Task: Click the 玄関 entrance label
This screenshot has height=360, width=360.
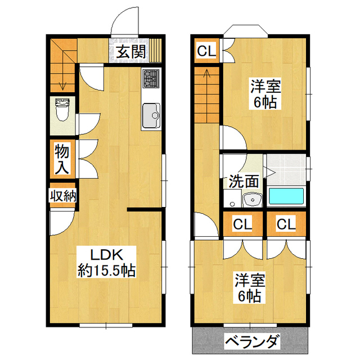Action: [x=131, y=52]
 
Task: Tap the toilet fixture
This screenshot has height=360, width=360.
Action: [x=62, y=110]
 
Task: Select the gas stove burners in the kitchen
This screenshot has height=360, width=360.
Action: [x=151, y=78]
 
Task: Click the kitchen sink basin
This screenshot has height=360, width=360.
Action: [x=151, y=115]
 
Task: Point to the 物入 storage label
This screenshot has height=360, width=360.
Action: [x=62, y=159]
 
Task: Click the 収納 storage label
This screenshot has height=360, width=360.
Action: [x=63, y=196]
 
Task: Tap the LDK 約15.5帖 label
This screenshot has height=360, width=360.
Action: [x=106, y=262]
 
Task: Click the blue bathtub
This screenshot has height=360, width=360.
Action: [x=286, y=196]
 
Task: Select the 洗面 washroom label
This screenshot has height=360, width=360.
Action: [x=244, y=181]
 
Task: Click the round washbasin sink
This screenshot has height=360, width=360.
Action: [x=253, y=200]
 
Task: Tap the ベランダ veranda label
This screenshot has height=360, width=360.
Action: [x=253, y=341]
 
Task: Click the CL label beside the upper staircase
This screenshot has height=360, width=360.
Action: [x=206, y=51]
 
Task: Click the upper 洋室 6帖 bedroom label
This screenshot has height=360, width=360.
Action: [x=265, y=94]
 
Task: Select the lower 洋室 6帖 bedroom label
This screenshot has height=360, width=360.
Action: [x=250, y=287]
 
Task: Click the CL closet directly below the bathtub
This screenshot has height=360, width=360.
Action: [x=286, y=224]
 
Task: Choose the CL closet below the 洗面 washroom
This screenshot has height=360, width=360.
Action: [x=242, y=224]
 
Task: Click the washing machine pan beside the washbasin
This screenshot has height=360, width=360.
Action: [x=233, y=199]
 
